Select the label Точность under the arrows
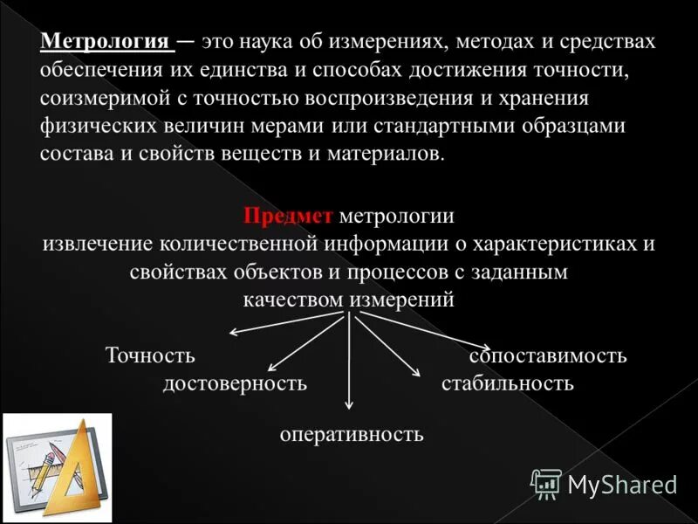coord(150,355)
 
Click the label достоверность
coord(235,383)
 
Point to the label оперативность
coord(352,433)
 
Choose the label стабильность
coord(507,383)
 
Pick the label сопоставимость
coord(548,355)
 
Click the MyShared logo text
coord(622,485)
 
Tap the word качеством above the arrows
coord(294,300)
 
